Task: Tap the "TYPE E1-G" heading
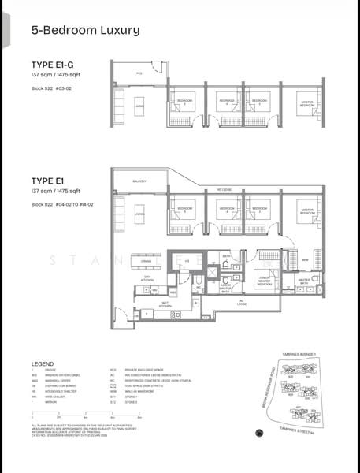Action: coord(53,64)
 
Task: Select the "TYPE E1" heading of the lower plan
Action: coord(46,181)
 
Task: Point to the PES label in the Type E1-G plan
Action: coord(139,73)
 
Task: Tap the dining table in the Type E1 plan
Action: coord(145,261)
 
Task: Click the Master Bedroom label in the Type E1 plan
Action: coord(306,211)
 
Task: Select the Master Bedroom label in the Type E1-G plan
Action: coord(307,102)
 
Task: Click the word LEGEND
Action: coord(43,363)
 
